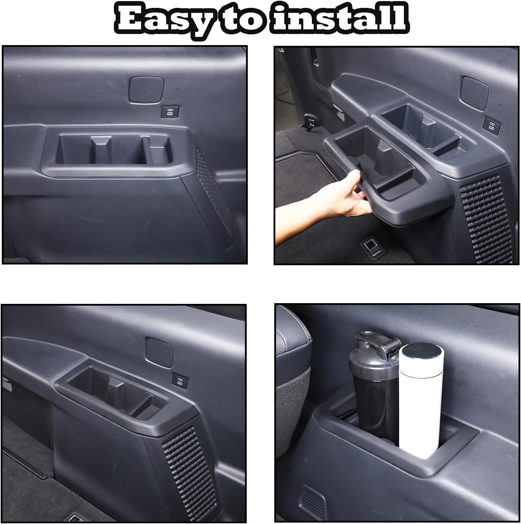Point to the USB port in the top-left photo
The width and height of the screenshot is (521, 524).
(x=168, y=111)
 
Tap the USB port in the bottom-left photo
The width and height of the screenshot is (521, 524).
(x=178, y=380)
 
